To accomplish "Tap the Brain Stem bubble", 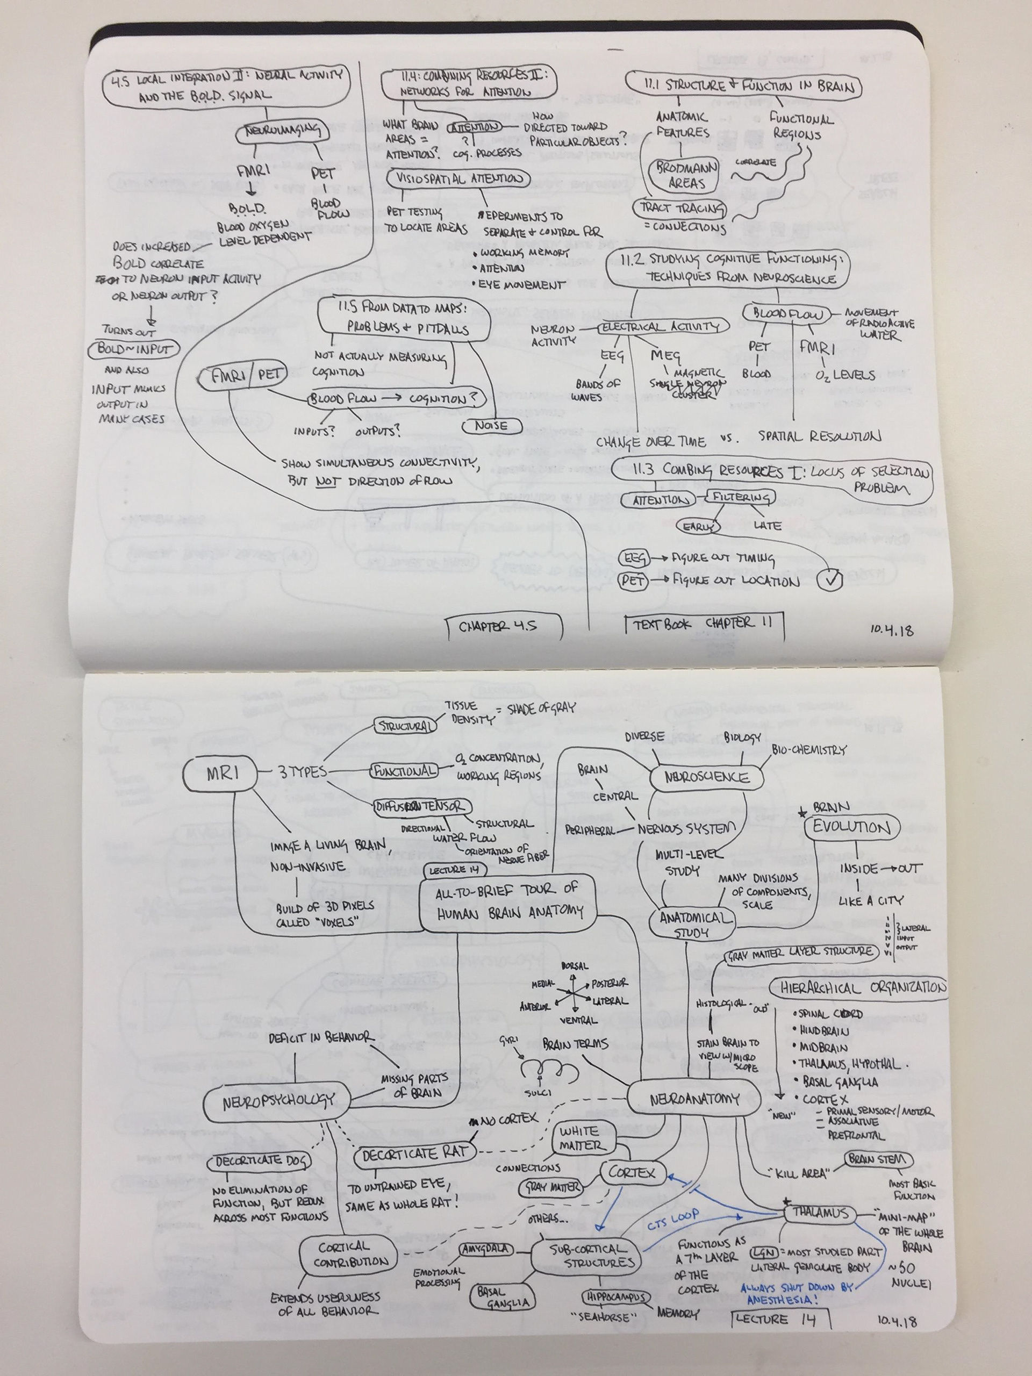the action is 878,1159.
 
